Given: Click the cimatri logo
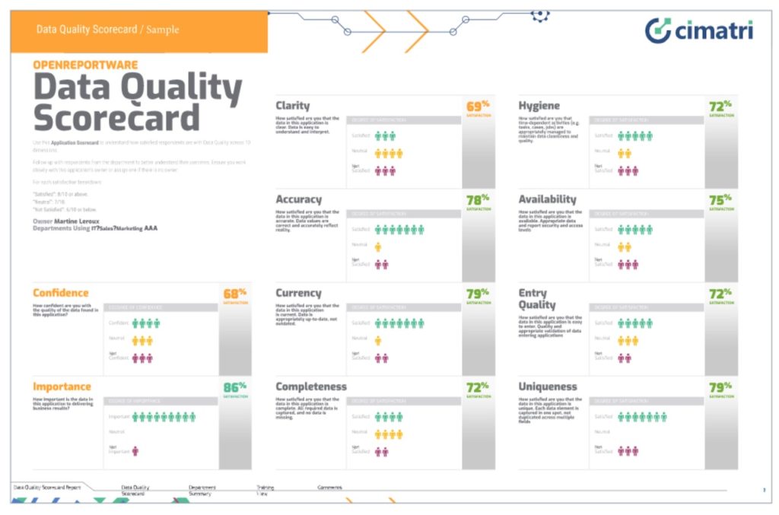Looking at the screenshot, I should click(x=699, y=30).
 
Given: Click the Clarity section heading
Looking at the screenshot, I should click(x=293, y=106).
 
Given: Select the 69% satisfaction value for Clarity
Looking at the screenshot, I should click(x=475, y=106).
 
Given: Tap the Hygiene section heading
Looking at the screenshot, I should click(x=539, y=106).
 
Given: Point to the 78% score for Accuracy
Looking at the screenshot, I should click(x=475, y=200).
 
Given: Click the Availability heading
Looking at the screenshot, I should click(x=548, y=199).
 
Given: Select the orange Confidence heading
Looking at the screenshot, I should click(x=61, y=293).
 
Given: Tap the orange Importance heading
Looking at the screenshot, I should click(x=62, y=386).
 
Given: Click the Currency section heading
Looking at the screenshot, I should click(x=298, y=293).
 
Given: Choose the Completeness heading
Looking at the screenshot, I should click(x=311, y=386).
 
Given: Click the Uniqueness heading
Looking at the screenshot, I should click(x=548, y=386).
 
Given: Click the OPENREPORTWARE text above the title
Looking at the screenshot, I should click(x=85, y=65).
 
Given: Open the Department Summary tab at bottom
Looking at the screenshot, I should click(x=202, y=490).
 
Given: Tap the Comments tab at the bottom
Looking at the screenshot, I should click(x=329, y=487).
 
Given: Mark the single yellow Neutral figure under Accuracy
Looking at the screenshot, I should click(x=378, y=247).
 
